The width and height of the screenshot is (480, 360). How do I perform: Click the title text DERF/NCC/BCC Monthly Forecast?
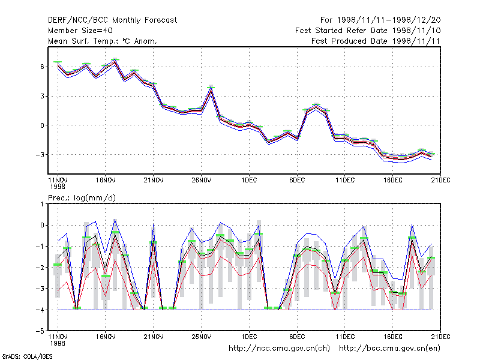(x=112, y=20)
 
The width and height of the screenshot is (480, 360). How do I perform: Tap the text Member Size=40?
(x=80, y=31)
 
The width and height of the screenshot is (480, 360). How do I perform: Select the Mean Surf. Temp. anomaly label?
(x=103, y=41)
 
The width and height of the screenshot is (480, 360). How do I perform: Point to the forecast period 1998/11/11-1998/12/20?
(x=380, y=20)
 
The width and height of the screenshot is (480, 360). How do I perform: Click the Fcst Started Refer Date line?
(x=368, y=31)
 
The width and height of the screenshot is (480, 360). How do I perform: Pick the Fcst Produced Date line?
(x=376, y=41)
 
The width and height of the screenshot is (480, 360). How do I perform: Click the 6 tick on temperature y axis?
(x=42, y=67)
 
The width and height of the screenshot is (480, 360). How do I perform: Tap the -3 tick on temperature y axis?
(x=40, y=155)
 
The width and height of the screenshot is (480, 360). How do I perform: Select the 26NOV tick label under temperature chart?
(x=202, y=181)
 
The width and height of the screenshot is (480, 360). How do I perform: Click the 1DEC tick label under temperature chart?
(x=249, y=181)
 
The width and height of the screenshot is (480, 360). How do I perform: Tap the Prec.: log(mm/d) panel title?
(x=82, y=198)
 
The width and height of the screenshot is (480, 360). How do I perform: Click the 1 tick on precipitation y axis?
(x=42, y=204)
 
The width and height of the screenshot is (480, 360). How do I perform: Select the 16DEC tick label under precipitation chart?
(x=393, y=337)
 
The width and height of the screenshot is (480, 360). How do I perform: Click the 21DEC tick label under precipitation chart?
(x=440, y=337)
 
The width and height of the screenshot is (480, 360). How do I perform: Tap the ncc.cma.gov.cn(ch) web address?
(x=279, y=349)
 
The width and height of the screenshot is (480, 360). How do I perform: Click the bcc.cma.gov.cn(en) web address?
(x=389, y=349)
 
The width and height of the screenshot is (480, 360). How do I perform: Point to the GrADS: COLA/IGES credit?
(x=27, y=356)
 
